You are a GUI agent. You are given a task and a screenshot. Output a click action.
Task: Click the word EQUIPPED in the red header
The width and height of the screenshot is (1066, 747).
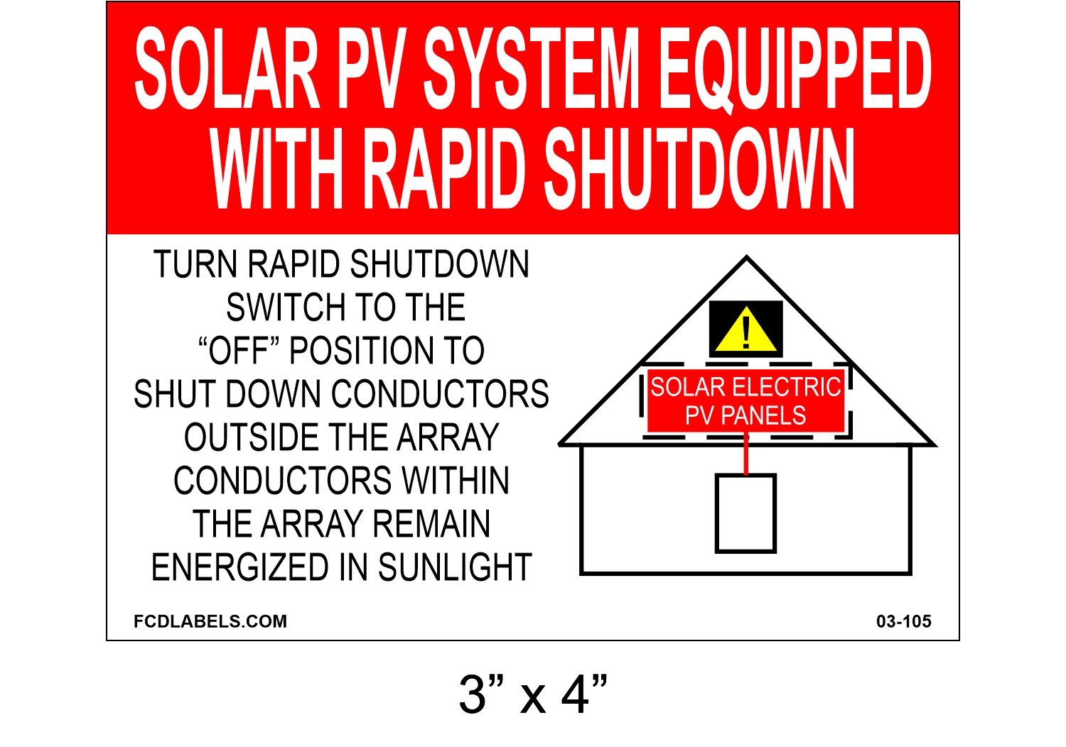pos(795,69)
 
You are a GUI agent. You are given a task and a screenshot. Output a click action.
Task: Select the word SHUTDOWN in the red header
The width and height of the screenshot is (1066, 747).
pos(699,169)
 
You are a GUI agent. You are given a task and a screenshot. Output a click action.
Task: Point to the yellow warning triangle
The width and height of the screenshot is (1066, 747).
pos(745,331)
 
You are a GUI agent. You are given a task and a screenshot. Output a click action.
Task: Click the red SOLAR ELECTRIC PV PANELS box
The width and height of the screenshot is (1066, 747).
pos(745,400)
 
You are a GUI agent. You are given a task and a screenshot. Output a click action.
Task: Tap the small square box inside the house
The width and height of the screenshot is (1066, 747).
pos(745,513)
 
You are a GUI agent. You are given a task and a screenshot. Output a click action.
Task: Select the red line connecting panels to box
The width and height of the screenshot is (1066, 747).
pos(746,454)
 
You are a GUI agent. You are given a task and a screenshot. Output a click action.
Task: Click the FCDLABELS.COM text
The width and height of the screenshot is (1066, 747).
pos(210,621)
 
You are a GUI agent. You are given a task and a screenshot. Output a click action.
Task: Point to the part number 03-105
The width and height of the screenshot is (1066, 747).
pos(903,621)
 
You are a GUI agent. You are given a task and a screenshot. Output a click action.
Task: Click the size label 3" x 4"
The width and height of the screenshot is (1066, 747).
pos(533,694)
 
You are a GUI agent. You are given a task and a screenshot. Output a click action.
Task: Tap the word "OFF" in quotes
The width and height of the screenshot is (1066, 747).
pos(238,351)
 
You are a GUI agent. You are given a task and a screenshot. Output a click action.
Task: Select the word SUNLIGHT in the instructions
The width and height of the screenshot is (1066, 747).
pos(455,567)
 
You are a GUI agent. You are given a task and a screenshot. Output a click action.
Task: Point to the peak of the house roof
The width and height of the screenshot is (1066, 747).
pos(747,258)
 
